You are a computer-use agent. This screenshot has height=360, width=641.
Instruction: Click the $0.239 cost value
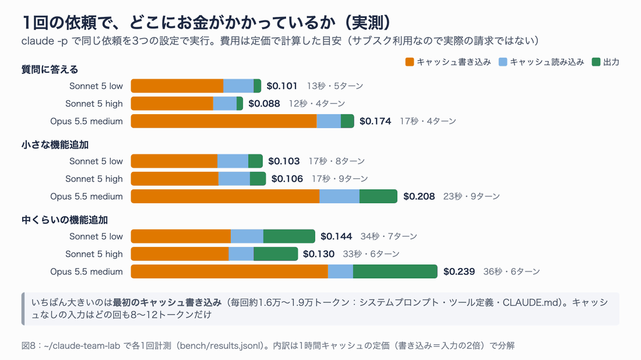point(459,271)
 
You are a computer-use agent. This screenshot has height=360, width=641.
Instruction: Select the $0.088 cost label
point(264,104)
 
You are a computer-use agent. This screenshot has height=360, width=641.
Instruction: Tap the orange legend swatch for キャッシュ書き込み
point(410,62)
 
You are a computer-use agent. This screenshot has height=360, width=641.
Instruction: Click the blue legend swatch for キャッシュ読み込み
point(503,62)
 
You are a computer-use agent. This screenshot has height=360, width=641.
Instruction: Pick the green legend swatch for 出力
point(596,62)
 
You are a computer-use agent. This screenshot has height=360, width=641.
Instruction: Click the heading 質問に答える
point(50,69)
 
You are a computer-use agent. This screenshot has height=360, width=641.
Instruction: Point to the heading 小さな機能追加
point(55,145)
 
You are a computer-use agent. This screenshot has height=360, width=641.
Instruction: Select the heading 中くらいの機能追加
point(65,220)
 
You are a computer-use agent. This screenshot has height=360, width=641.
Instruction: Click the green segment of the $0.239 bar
point(395,271)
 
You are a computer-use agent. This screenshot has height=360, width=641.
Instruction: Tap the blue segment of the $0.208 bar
point(339,196)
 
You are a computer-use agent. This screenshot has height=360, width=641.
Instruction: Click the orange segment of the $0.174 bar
point(224,121)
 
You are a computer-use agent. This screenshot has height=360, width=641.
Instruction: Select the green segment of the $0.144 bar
point(289,237)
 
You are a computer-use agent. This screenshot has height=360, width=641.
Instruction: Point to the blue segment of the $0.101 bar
point(238,86)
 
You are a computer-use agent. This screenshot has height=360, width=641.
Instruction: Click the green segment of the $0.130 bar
point(276,254)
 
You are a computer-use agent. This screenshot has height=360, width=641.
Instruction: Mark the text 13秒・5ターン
point(335,86)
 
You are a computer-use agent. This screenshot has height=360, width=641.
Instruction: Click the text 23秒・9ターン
point(471,196)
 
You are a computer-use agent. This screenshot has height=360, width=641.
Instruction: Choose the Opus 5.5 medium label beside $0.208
point(86,196)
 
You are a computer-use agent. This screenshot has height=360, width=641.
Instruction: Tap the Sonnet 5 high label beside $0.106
point(94,179)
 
